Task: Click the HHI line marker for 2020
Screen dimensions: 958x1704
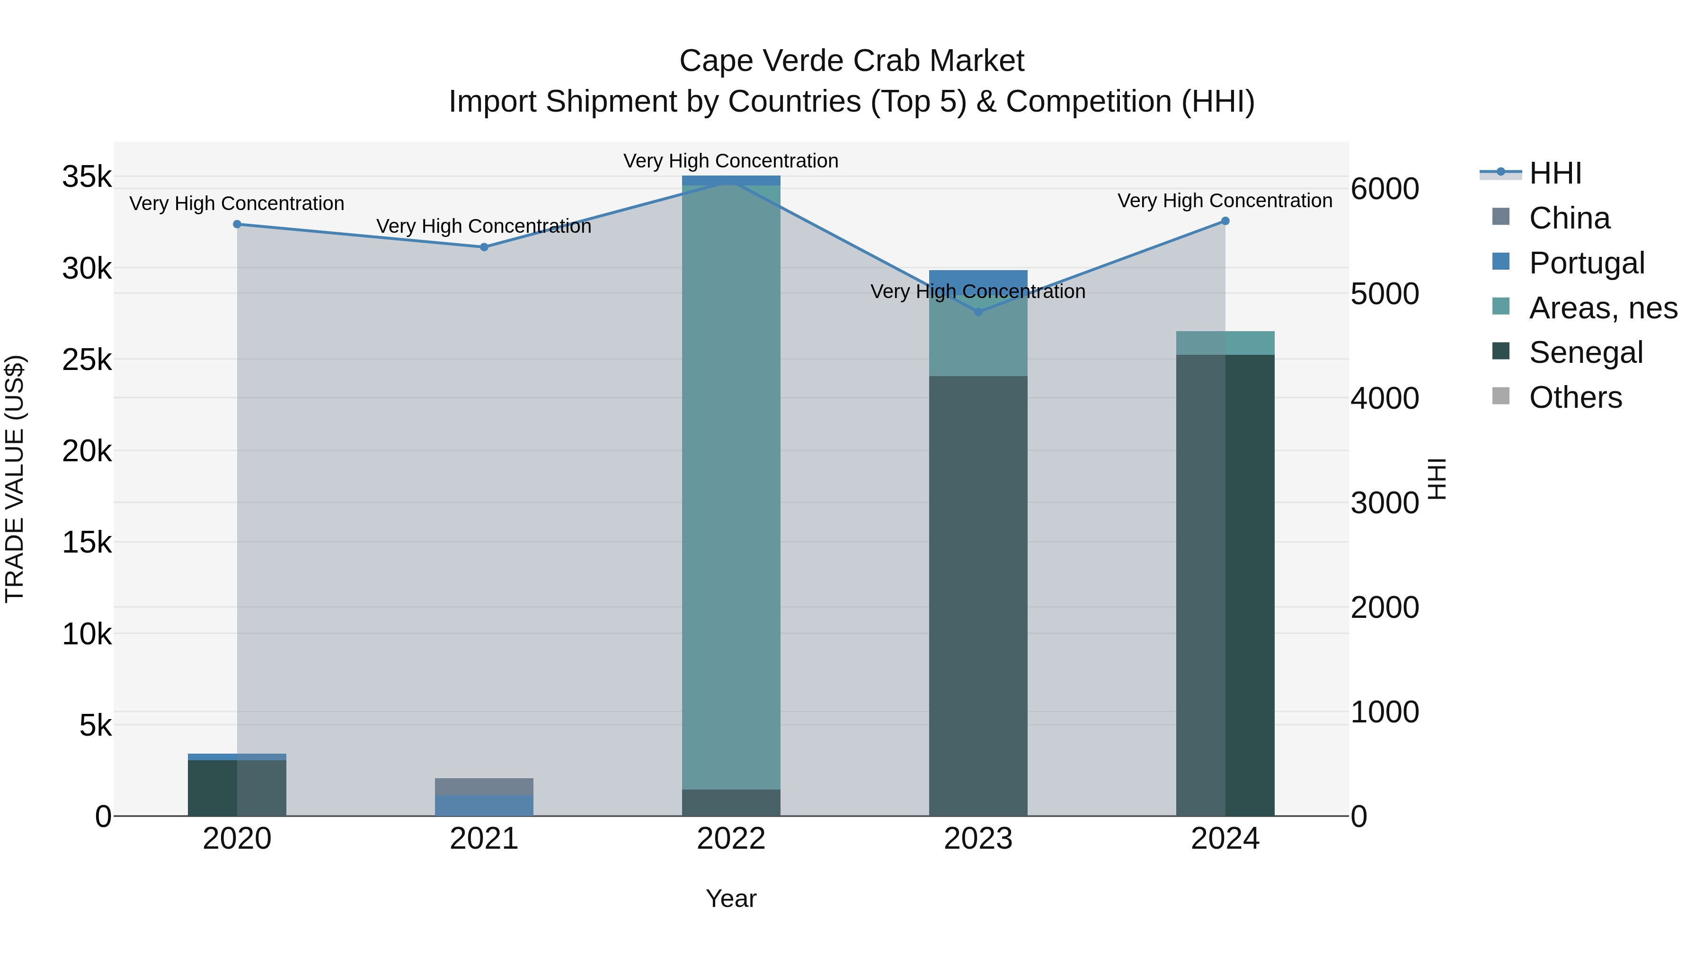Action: click(237, 224)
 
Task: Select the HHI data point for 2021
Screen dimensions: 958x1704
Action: click(484, 247)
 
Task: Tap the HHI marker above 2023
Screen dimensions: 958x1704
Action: click(978, 311)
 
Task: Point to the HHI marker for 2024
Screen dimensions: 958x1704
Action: click(1225, 221)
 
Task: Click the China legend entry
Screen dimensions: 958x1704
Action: click(1569, 218)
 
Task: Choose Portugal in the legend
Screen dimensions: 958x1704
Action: click(1586, 263)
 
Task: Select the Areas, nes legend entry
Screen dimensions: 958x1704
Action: click(1602, 308)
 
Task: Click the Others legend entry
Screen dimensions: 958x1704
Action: click(1574, 397)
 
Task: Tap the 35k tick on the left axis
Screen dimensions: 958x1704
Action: click(87, 177)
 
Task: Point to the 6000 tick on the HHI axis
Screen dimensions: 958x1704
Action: click(1384, 189)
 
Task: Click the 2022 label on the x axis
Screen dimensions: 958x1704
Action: click(731, 839)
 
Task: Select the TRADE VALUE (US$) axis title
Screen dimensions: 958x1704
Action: click(15, 479)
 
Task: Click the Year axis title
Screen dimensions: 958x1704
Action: click(731, 898)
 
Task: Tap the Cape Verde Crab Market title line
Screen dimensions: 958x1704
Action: click(852, 61)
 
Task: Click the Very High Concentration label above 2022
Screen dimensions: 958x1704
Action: click(731, 161)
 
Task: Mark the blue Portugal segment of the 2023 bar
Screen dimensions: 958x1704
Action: click(978, 278)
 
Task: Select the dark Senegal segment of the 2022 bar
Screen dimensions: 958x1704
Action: click(731, 803)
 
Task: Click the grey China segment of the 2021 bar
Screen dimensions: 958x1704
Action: click(484, 786)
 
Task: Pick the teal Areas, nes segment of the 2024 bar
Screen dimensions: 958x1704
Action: click(1225, 343)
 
